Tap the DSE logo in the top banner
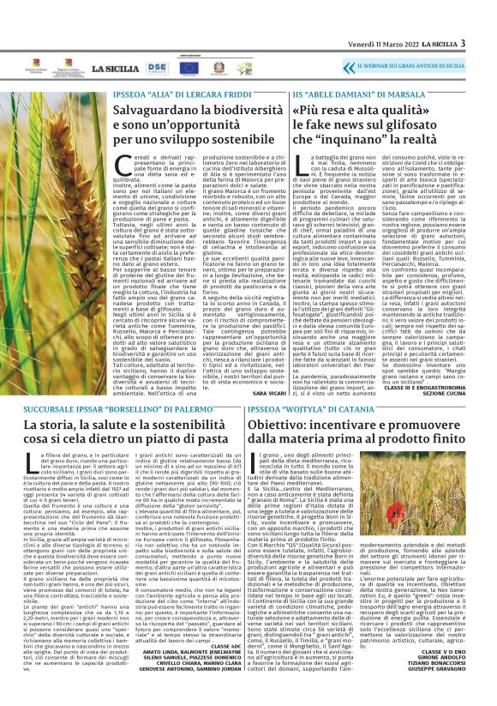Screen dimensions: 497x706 (158, 66)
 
